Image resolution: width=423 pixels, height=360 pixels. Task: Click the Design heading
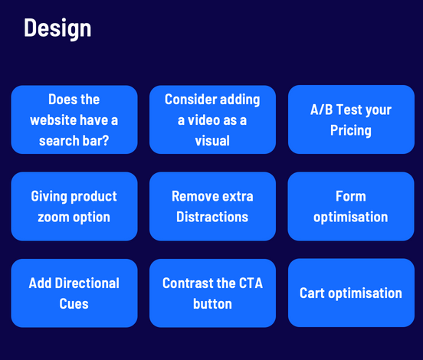coord(57,28)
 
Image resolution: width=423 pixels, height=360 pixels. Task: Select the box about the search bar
coord(74,119)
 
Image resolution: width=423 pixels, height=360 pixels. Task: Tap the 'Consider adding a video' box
coord(212,119)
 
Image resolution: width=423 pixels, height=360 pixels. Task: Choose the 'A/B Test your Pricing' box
coord(351,119)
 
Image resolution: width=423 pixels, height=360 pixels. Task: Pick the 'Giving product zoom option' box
coord(74,206)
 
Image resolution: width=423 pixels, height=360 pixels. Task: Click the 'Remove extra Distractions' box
coord(212,206)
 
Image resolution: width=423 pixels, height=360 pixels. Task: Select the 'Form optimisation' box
coord(351,206)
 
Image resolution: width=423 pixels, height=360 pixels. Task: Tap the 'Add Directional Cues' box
coord(74,293)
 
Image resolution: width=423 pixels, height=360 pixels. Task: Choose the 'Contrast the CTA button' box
coord(212,293)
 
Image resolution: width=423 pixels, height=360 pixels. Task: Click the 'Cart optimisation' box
coord(351,293)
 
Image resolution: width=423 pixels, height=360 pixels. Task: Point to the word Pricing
coord(351,131)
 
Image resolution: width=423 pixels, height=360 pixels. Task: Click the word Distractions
coord(212,217)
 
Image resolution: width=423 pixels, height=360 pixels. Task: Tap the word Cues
coord(74,303)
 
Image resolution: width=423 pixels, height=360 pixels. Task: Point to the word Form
coord(351,196)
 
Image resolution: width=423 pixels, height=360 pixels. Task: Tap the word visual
coord(212,140)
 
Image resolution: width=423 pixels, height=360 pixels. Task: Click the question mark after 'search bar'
coord(105,140)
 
